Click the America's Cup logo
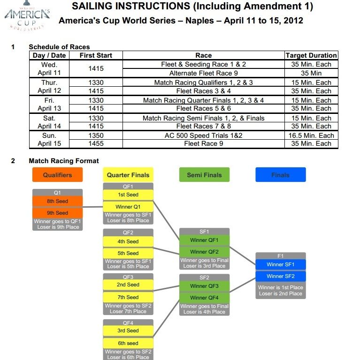(x=27, y=16)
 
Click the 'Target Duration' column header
(x=311, y=55)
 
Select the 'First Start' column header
(x=96, y=55)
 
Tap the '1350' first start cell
(x=96, y=135)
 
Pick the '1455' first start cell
(x=96, y=144)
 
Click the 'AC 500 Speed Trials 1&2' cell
(x=203, y=135)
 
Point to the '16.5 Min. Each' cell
(x=311, y=135)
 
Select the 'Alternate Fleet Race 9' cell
(x=203, y=73)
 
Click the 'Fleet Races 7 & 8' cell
(x=203, y=126)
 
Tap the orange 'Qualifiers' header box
(x=58, y=175)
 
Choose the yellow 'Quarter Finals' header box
(x=128, y=175)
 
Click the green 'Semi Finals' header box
(x=204, y=175)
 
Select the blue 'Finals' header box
(x=280, y=175)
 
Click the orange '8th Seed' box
(x=58, y=202)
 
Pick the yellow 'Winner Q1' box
(x=128, y=207)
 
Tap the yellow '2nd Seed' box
(x=128, y=285)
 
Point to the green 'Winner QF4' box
(x=204, y=298)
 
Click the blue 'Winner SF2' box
(x=280, y=276)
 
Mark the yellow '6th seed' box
(x=128, y=343)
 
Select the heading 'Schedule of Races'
(x=59, y=47)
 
